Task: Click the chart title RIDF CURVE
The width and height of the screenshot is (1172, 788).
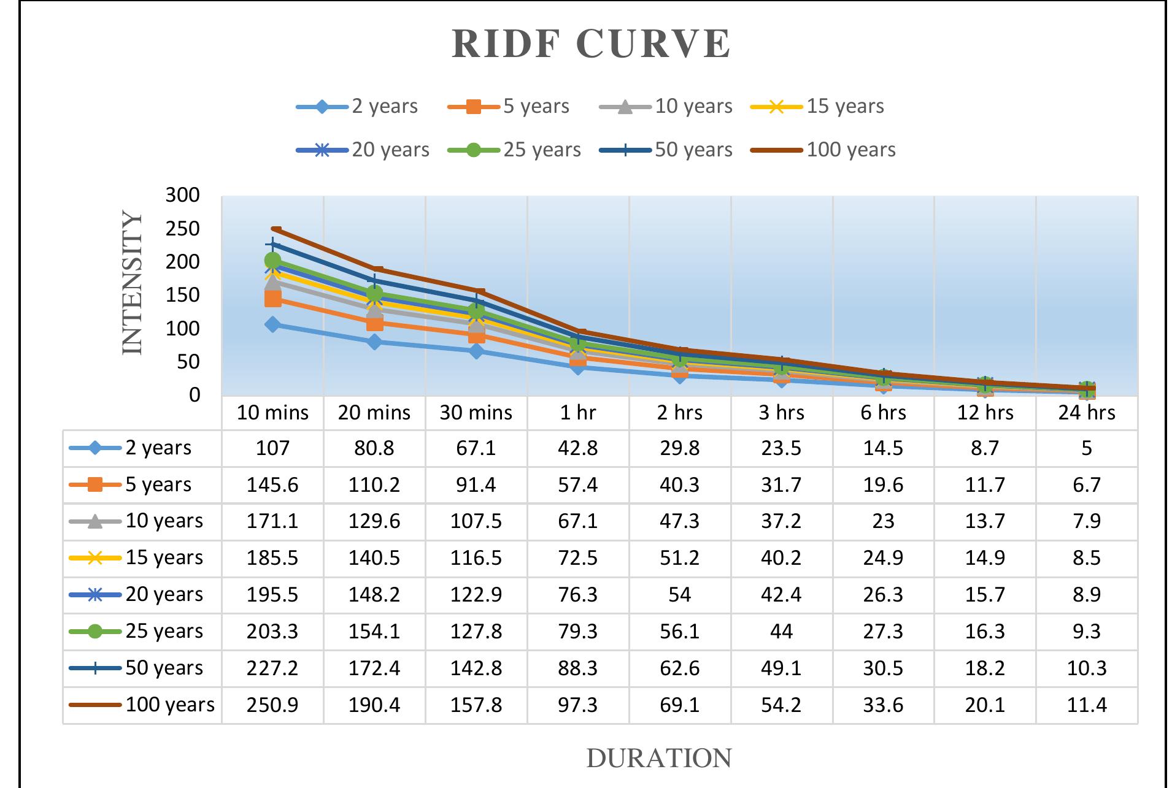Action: [x=591, y=44]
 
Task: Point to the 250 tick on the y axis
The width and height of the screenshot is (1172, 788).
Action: [x=183, y=229]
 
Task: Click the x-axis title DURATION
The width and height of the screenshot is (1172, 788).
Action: [x=658, y=759]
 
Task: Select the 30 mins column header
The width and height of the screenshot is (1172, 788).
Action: [x=476, y=413]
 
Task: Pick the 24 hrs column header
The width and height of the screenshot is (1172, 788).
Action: [x=1086, y=413]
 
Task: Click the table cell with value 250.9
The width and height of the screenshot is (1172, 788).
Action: [x=272, y=705]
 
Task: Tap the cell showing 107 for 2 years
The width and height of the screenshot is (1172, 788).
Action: [x=272, y=448]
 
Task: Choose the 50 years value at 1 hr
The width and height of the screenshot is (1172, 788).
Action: [x=577, y=668]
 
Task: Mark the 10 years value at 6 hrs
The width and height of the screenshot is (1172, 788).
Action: [x=883, y=521]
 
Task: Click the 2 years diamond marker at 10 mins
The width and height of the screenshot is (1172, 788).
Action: [x=273, y=324]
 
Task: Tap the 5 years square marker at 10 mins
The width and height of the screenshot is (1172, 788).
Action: [x=273, y=299]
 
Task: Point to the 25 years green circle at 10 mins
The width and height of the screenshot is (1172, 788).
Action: [x=273, y=261]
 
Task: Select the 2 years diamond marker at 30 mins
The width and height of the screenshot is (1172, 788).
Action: [x=476, y=351]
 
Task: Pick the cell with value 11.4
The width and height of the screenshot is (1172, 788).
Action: [x=1086, y=705]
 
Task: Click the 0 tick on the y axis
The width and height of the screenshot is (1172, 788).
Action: [x=194, y=395]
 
